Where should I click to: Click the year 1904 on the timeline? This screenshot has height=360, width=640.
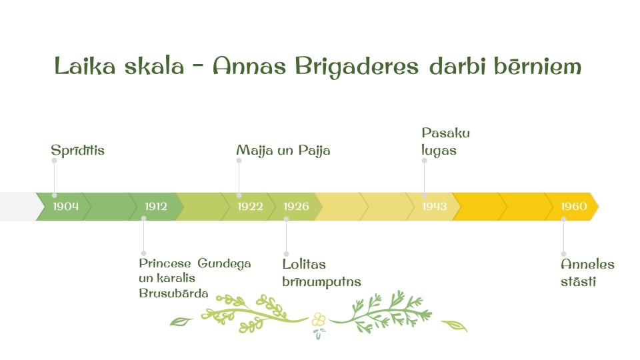[66, 207]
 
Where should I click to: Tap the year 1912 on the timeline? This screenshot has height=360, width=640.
[156, 207]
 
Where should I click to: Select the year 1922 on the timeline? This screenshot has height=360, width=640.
[250, 207]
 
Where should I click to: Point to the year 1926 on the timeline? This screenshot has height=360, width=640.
[296, 207]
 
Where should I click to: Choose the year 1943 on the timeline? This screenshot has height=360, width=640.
[434, 207]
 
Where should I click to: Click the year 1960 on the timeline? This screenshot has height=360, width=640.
[574, 207]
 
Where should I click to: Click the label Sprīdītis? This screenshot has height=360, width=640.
[77, 151]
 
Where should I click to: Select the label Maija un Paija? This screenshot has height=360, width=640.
[283, 151]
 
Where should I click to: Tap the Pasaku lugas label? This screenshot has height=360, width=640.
[446, 141]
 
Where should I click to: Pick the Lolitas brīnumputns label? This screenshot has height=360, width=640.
[321, 273]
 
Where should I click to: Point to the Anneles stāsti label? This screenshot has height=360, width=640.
[588, 273]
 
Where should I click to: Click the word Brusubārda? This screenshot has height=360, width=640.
[173, 293]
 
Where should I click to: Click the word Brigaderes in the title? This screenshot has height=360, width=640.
[357, 67]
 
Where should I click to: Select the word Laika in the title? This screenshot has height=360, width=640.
[85, 66]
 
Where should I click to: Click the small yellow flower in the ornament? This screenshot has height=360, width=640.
[319, 319]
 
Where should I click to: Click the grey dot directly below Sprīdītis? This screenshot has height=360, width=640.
[54, 161]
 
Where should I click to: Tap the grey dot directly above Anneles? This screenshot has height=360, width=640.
[564, 254]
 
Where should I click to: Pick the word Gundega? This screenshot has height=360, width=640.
[224, 264]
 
